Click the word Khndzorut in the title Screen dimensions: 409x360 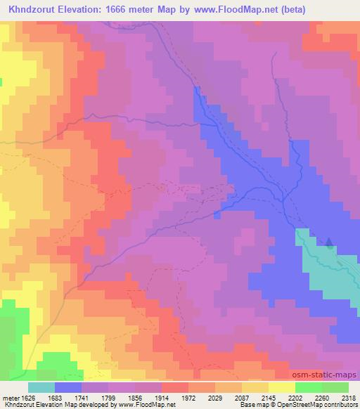tap(34, 10)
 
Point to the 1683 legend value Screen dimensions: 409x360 tap(69, 397)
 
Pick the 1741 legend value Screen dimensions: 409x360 tap(96, 397)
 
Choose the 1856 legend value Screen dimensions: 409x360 tap(149, 397)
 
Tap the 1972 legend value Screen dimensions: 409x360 tap(202, 397)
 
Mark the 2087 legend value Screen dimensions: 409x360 tap(256, 397)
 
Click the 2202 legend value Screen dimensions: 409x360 tap(309, 397)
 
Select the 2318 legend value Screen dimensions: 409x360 tap(349, 397)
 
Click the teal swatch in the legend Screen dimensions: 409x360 tap(41, 387)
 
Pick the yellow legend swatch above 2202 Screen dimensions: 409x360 tap(282, 387)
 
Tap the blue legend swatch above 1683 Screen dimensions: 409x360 tap(68, 387)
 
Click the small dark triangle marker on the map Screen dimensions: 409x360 tap(330, 243)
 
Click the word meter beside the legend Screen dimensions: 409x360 tap(9, 397)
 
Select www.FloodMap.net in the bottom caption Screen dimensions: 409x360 tap(146, 405)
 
